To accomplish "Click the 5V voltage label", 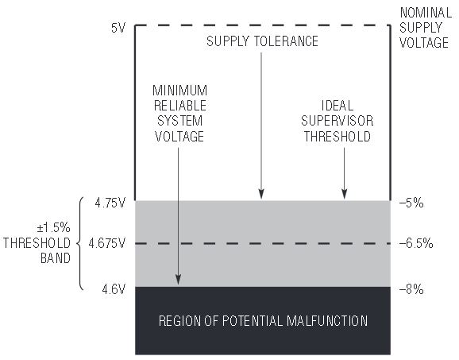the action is [x=118, y=28].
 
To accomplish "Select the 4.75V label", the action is [x=110, y=203].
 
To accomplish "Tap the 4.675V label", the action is [x=107, y=243].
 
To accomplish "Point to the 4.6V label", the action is [x=114, y=289].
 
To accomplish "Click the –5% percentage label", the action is [x=411, y=203].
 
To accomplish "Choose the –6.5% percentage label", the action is [x=416, y=243].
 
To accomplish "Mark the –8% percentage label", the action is [x=411, y=289].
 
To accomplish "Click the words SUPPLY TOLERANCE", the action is [x=262, y=41].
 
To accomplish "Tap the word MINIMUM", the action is [x=179, y=91].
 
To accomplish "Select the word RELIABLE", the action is [x=180, y=106].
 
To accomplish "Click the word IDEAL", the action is [x=337, y=106].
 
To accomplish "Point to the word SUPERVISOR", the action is [x=337, y=121].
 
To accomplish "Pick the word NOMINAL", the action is [x=426, y=13].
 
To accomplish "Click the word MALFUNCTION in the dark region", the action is [x=327, y=321].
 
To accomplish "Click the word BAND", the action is [x=56, y=258].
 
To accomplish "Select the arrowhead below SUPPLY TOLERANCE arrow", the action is [x=261, y=194].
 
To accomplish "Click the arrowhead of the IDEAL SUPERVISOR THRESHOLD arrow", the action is [x=345, y=194].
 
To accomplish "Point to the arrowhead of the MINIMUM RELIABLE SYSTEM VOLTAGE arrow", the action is [x=178, y=280].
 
